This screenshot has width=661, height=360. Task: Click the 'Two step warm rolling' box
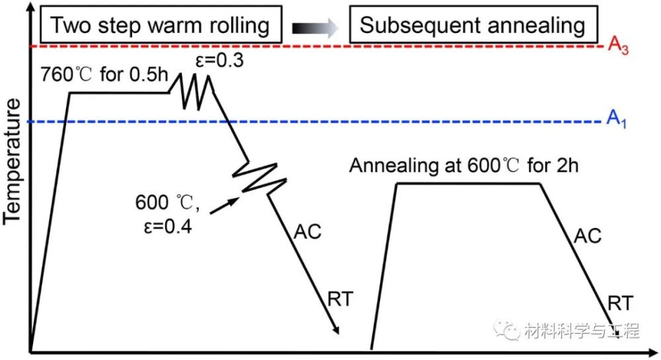[161, 24]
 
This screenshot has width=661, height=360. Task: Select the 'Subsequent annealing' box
[473, 24]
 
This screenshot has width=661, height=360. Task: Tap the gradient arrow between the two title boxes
[315, 28]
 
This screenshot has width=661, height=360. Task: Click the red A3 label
[618, 46]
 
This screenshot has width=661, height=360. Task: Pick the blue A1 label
[616, 120]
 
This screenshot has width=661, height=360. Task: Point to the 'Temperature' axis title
[12, 161]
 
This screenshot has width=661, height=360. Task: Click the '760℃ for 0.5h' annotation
[104, 75]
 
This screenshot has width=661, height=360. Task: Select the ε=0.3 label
[219, 61]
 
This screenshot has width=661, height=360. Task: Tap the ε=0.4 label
[168, 227]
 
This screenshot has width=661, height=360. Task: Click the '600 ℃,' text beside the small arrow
[167, 203]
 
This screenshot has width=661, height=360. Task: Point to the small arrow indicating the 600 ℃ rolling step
[223, 205]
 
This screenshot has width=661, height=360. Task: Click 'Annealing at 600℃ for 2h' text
[464, 166]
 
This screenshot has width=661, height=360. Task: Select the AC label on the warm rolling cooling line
[307, 232]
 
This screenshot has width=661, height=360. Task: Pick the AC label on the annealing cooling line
[588, 236]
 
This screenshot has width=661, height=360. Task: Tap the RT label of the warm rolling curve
[340, 299]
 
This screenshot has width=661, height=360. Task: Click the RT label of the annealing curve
[621, 303]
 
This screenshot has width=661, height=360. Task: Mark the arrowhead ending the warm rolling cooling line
[335, 330]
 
